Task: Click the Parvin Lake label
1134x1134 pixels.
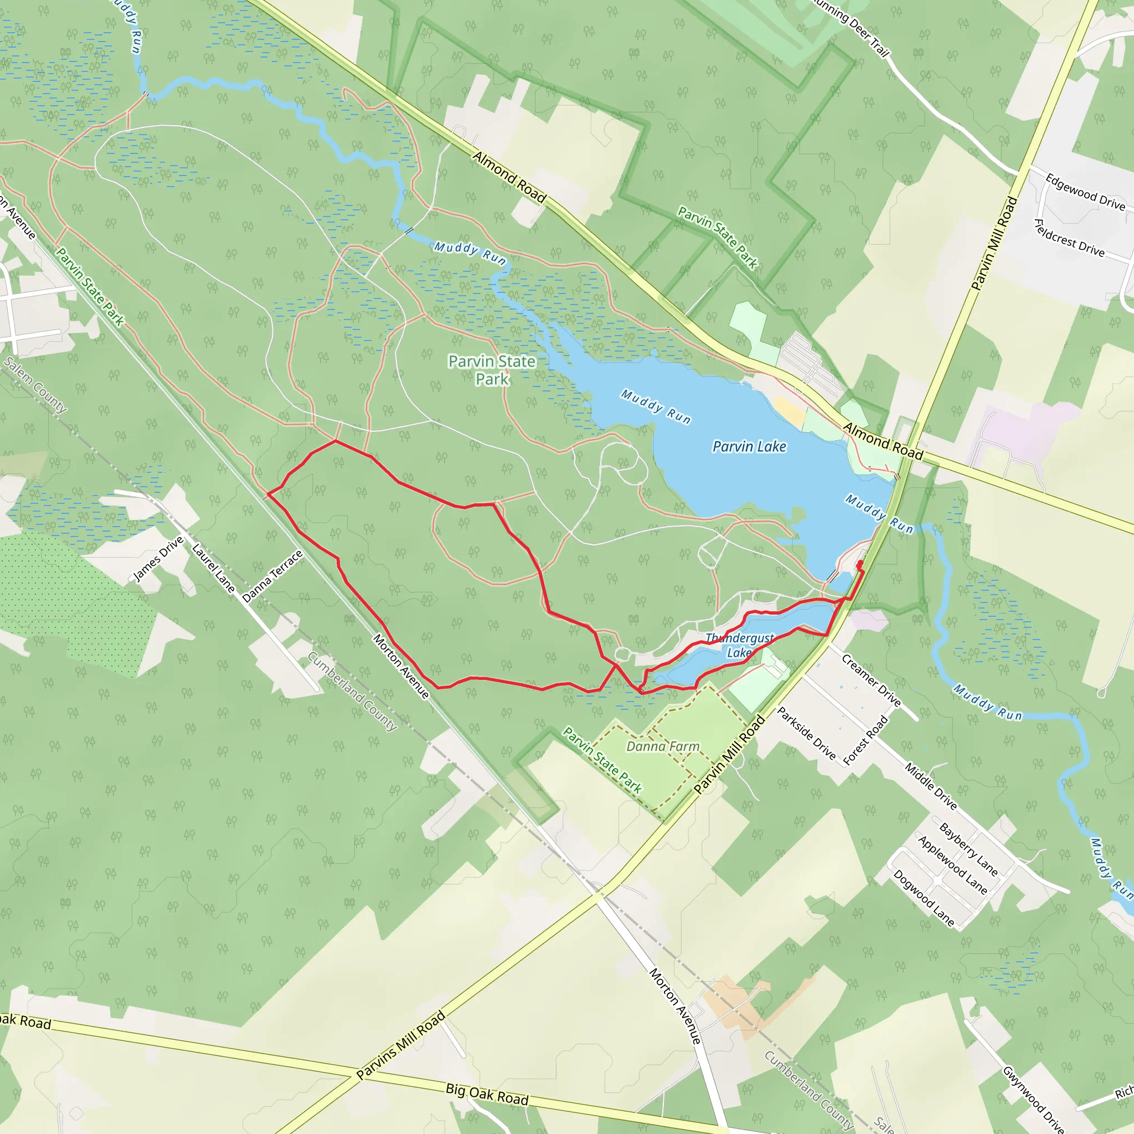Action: [749, 447]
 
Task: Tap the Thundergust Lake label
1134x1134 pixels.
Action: [740, 645]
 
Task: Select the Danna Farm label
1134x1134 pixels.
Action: [663, 746]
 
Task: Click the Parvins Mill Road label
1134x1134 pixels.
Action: [401, 1046]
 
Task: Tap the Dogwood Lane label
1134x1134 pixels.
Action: [923, 898]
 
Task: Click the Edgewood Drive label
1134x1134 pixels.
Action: [1085, 192]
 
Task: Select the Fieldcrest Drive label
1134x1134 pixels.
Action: [1069, 238]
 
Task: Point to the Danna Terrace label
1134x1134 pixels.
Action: [272, 576]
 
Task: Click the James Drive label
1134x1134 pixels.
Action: [158, 559]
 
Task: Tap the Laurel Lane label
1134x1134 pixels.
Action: [213, 568]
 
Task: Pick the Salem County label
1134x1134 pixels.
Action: [35, 384]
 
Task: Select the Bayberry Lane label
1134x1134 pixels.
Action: [968, 849]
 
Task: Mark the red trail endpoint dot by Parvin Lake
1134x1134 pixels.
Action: [860, 564]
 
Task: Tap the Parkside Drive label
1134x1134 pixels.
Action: [806, 733]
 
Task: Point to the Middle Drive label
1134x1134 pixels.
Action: [930, 786]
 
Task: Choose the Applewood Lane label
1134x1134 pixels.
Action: [952, 864]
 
